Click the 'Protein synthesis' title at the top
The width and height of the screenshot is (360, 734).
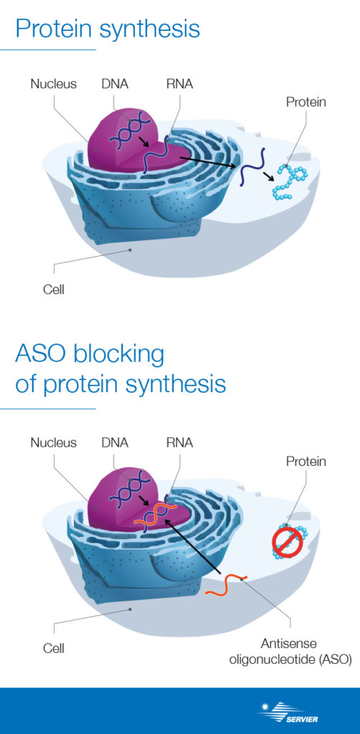coord(107,28)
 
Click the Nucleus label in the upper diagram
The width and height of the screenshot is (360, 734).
coord(53,84)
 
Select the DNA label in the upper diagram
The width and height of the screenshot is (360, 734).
coord(115,84)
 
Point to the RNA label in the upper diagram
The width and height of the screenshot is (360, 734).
coord(179,84)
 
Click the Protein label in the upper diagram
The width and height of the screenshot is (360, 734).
coord(305,102)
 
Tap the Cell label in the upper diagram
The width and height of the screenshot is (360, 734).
coord(53,290)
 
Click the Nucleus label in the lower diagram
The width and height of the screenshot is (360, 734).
coord(53,442)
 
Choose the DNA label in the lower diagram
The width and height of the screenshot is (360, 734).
coord(115,442)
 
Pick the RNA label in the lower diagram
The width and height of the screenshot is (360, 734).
coord(179,442)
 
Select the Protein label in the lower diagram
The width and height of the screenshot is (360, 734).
coord(305,461)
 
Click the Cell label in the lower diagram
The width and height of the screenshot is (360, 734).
coord(53,648)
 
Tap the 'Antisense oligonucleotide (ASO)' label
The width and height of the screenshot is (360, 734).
coord(290,652)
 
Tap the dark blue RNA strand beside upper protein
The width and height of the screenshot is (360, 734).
coord(252,166)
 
